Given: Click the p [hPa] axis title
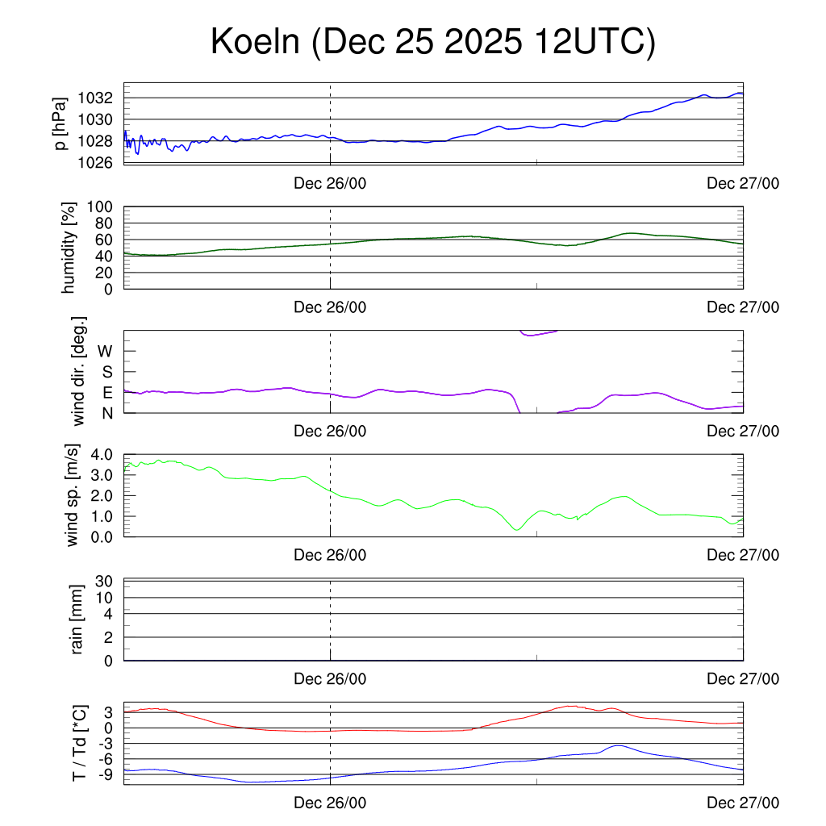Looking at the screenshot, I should click(x=60, y=123).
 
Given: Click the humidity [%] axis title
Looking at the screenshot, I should click(x=69, y=248).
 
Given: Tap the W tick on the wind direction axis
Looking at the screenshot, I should click(x=105, y=351).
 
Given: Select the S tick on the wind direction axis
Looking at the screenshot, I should click(x=106, y=372).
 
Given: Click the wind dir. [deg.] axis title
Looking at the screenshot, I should click(x=79, y=371).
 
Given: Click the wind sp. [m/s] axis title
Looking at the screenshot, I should click(x=73, y=494).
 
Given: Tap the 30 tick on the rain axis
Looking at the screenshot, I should click(x=104, y=581).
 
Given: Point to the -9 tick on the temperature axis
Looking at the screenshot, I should click(x=103, y=774).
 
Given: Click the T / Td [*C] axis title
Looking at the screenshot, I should click(x=78, y=743).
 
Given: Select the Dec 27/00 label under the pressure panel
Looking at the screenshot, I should click(x=743, y=183).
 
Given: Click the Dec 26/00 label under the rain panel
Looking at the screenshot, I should click(x=330, y=679).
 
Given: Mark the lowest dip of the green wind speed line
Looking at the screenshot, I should click(x=516, y=529).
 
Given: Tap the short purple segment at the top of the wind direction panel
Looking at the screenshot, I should click(x=538, y=333).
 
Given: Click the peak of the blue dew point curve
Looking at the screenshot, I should click(x=618, y=745).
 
